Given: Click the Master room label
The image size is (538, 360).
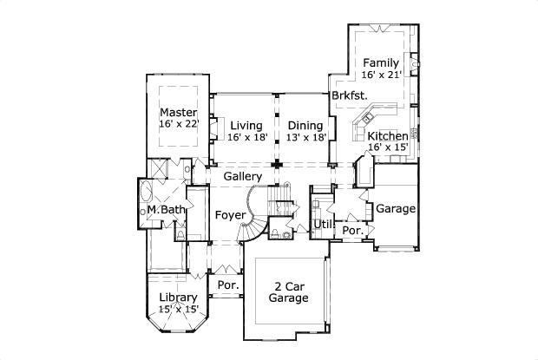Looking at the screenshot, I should tap(179, 113).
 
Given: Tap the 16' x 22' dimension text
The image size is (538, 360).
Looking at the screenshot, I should tap(179, 125).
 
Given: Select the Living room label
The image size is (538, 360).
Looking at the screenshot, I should tap(246, 126).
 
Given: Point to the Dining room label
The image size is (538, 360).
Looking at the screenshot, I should tap(305, 126).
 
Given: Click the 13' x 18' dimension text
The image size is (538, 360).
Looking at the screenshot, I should tap(305, 137).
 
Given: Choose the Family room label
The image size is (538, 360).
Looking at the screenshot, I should tap(381, 62).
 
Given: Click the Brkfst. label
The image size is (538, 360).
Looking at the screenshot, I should tap(349, 95).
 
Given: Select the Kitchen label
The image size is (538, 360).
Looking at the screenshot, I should tap(387, 137).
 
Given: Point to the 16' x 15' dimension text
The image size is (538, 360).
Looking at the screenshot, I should tap(387, 148).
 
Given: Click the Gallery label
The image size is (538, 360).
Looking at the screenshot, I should tap(242, 177).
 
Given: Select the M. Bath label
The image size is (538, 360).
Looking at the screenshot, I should tap(165, 210).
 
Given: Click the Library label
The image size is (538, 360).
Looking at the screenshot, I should tap(178, 298).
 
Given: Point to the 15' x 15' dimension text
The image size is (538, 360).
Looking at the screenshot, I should tap(178, 309).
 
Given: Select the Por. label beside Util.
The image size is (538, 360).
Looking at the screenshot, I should tap(351, 231).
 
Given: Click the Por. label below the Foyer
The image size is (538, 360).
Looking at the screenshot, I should tap(227, 285).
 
